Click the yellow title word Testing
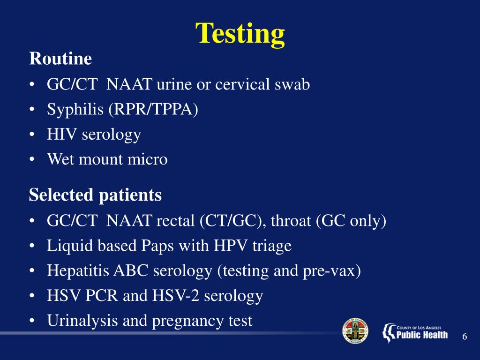[240, 34]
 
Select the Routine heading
[60, 59]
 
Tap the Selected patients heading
[95, 195]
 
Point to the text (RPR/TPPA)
[153, 110]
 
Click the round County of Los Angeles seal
[355, 331]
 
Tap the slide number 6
[465, 337]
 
